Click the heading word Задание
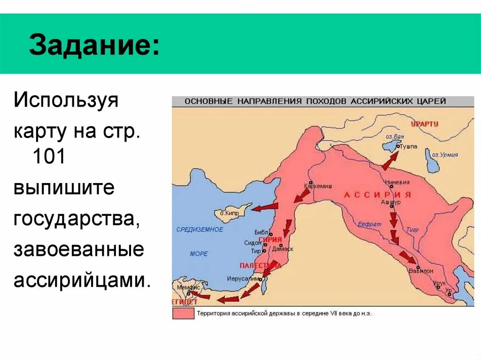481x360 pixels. coord(93,46)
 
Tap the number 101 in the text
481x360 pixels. coord(48,156)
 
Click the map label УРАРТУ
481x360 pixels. coord(424,124)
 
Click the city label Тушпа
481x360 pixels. coord(408,146)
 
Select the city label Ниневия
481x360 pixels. coord(397,182)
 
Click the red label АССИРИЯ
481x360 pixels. coord(378,194)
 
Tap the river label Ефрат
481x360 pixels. coord(369,224)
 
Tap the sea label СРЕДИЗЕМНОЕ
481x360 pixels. coord(200,230)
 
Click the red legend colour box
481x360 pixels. coord(184,313)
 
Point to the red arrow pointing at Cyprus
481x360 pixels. coord(264,207)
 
